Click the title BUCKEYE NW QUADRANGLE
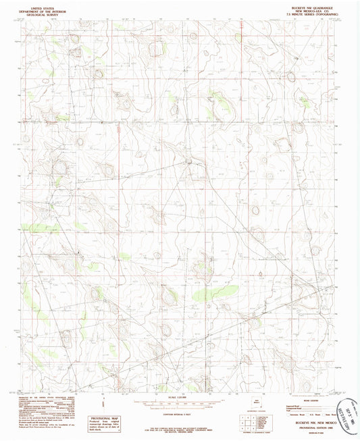pos(311,5)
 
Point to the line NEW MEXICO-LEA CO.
pos(311,8)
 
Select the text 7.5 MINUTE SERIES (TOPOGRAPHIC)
pos(311,11)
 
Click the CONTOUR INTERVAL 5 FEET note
pos(180,403)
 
